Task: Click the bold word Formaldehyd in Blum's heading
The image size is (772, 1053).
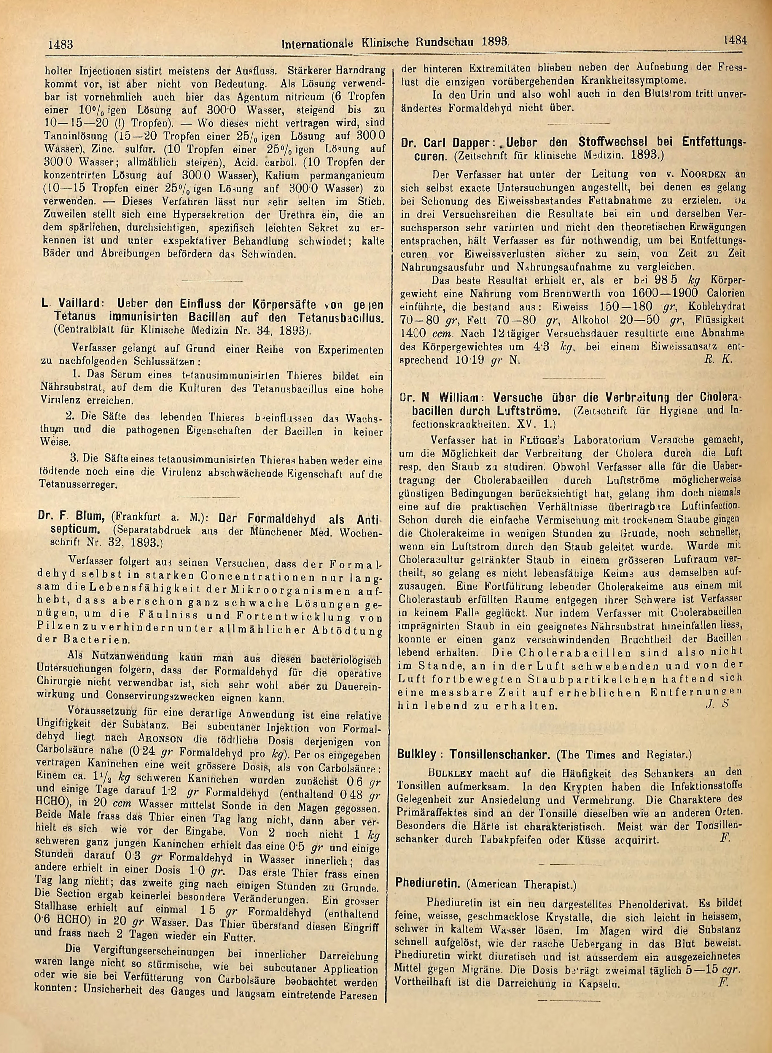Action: [279, 519]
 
